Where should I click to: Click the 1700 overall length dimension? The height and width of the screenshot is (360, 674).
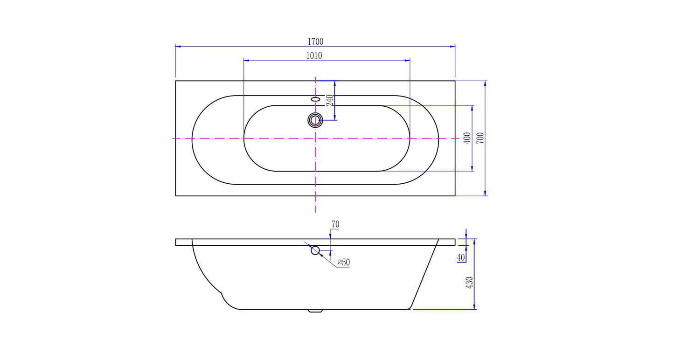click(315, 42)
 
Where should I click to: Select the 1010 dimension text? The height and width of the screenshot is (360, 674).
click(314, 55)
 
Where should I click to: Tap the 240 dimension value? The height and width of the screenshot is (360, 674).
click(330, 100)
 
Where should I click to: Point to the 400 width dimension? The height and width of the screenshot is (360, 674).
click(467, 138)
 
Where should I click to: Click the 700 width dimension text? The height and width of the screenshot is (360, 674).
click(480, 138)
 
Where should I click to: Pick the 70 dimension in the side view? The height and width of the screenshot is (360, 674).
click(335, 224)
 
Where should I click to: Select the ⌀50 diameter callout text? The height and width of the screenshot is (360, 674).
click(344, 262)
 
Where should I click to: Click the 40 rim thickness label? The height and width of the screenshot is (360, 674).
click(461, 257)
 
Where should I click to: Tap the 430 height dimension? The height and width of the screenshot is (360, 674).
click(469, 283)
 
